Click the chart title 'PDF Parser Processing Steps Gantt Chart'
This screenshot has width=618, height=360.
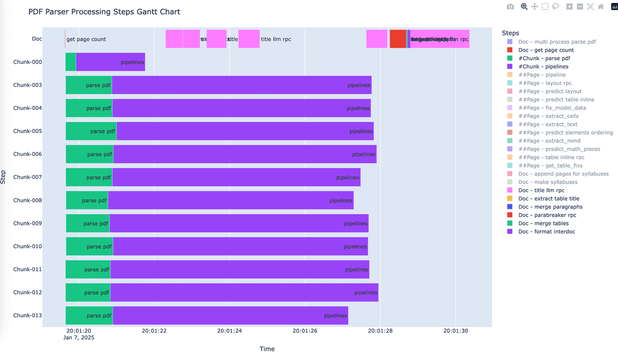pyautogui.click(x=104, y=12)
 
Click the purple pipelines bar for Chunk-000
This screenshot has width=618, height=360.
pyautogui.click(x=111, y=62)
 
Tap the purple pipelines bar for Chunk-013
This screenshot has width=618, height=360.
pyautogui.click(x=230, y=316)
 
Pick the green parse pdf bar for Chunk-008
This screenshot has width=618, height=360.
pyautogui.click(x=87, y=200)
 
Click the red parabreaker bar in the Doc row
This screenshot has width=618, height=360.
pyautogui.click(x=398, y=39)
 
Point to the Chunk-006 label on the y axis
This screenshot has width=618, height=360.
pyautogui.click(x=28, y=154)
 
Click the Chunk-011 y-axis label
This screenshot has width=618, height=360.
pyautogui.click(x=28, y=269)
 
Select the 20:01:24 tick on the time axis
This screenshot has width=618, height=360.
pyautogui.click(x=229, y=331)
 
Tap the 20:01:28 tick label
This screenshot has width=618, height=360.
pyautogui.click(x=380, y=331)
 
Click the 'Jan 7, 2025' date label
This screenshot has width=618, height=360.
pyautogui.click(x=79, y=338)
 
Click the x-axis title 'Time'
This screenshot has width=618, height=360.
pyautogui.click(x=267, y=349)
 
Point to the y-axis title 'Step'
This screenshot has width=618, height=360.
pyautogui.click(x=4, y=177)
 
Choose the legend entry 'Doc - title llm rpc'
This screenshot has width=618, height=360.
pyautogui.click(x=541, y=191)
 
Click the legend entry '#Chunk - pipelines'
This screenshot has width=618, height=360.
pyautogui.click(x=543, y=67)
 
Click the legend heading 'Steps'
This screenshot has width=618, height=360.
pyautogui.click(x=510, y=33)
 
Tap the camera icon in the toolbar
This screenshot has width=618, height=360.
pyautogui.click(x=510, y=7)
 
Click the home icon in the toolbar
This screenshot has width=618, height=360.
pyautogui.click(x=601, y=7)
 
